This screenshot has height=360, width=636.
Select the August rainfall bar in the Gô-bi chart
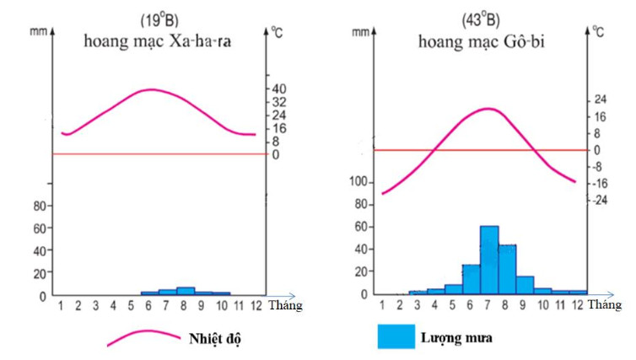pos(507,269)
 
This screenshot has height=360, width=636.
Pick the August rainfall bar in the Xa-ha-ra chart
pos(186,291)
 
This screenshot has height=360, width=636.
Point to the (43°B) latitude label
pos(481,19)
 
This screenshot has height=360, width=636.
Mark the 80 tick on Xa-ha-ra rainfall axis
pos(39,207)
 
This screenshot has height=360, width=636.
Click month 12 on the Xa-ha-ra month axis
pos(256,304)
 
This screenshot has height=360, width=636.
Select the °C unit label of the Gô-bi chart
pos(597,32)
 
